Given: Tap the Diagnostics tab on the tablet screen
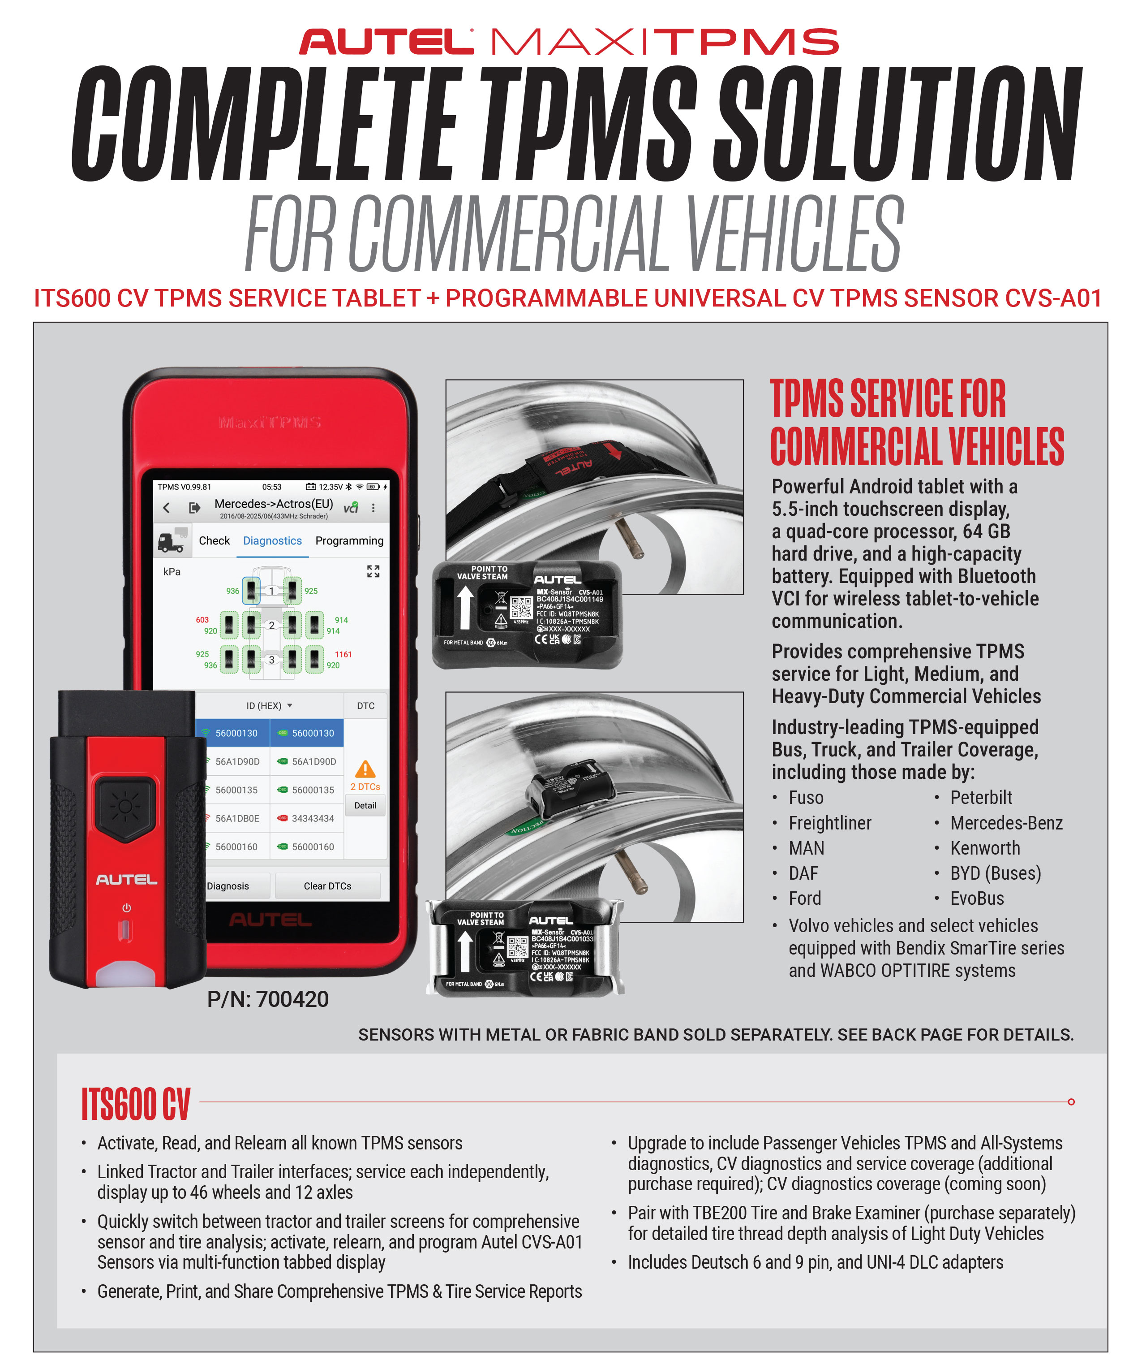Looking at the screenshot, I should pos(272,541).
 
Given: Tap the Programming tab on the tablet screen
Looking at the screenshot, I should pos(349,541).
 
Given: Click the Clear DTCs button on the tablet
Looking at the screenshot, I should pos(327,886).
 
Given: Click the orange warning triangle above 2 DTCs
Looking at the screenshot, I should pos(365,769).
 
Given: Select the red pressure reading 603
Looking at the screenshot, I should pos(202,620).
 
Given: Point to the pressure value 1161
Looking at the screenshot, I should pos(343,655).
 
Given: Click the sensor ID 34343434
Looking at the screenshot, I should pos(313,818).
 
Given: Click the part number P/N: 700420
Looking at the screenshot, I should pos(268,999).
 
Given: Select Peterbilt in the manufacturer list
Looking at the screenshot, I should pos(981,798).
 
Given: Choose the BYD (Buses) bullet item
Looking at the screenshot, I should pos(995,873).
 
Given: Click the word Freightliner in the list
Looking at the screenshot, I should pos(829,823).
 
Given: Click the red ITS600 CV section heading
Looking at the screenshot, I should pos(136,1104).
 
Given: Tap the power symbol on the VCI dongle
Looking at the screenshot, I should pos(127,908).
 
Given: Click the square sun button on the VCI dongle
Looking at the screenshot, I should pos(125,807).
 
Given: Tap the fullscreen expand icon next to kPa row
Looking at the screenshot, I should pos(373,571).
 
